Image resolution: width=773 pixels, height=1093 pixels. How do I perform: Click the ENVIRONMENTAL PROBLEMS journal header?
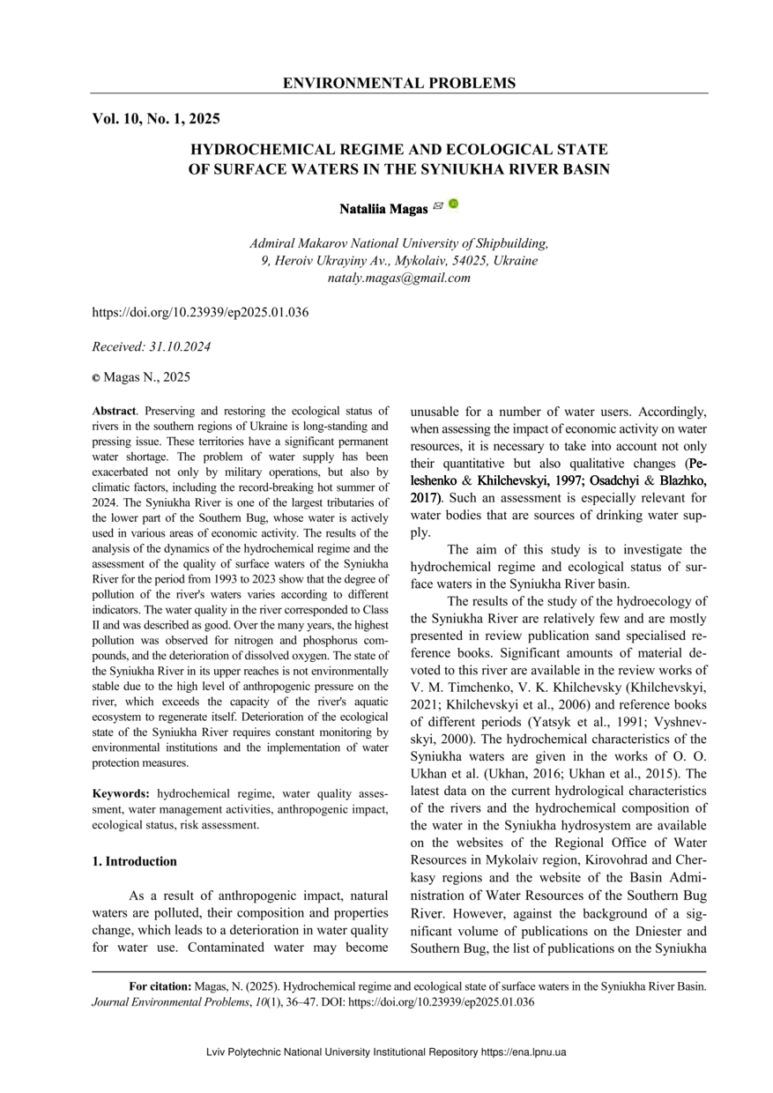(398, 84)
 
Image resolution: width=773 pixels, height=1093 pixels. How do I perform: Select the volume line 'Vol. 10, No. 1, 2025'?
(156, 119)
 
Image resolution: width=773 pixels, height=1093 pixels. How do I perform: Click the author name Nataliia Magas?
(383, 209)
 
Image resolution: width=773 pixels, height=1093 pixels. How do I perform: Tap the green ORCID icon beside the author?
(453, 204)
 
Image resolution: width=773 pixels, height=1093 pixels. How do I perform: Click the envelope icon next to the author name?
(438, 206)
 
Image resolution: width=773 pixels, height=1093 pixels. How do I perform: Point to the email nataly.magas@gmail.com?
(398, 278)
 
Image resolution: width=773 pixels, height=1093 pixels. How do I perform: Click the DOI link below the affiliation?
(200, 312)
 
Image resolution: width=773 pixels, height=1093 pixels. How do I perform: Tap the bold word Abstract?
(115, 412)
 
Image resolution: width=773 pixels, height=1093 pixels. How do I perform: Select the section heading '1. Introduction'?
(134, 861)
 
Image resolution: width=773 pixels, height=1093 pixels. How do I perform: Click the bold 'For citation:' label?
(160, 987)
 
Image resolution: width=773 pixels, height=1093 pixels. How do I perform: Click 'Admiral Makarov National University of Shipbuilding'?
(398, 243)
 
